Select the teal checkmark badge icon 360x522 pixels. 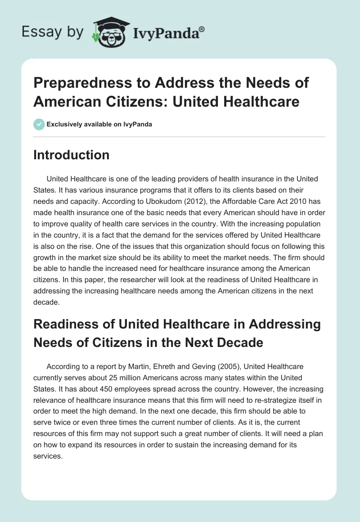point(39,124)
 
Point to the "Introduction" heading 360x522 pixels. point(72,155)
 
